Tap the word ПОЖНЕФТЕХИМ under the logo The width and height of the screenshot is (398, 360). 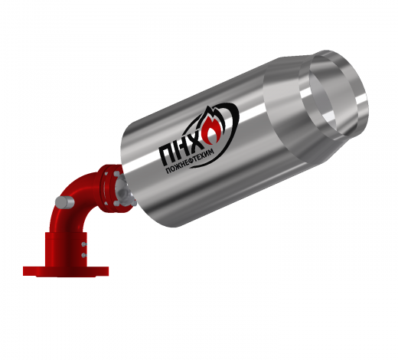(x=190, y=161)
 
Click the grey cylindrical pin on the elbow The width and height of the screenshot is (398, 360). (x=65, y=202)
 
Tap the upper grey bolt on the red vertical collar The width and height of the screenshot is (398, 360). (x=84, y=244)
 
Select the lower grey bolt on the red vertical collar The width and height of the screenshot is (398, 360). (x=84, y=255)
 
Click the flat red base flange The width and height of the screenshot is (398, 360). (x=66, y=271)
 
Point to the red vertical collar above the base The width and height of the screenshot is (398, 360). (x=65, y=250)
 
